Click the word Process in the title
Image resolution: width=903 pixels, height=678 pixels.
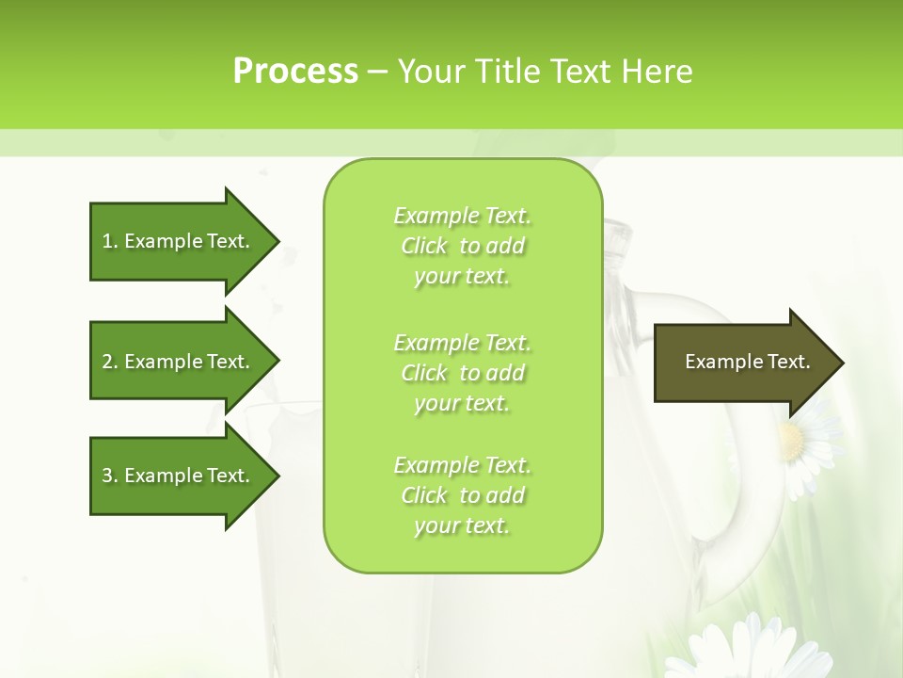[295, 72]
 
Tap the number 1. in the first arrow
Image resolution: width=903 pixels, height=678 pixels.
[110, 241]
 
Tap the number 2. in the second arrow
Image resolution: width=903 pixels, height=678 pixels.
[110, 362]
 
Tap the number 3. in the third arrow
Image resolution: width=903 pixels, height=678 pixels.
[110, 476]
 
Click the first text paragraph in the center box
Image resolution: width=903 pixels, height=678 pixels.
[462, 246]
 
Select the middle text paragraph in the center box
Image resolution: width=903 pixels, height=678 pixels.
[462, 373]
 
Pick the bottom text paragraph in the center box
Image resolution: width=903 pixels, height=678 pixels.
[462, 495]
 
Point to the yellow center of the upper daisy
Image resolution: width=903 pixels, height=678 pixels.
[792, 441]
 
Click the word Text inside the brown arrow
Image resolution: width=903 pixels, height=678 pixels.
[788, 362]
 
